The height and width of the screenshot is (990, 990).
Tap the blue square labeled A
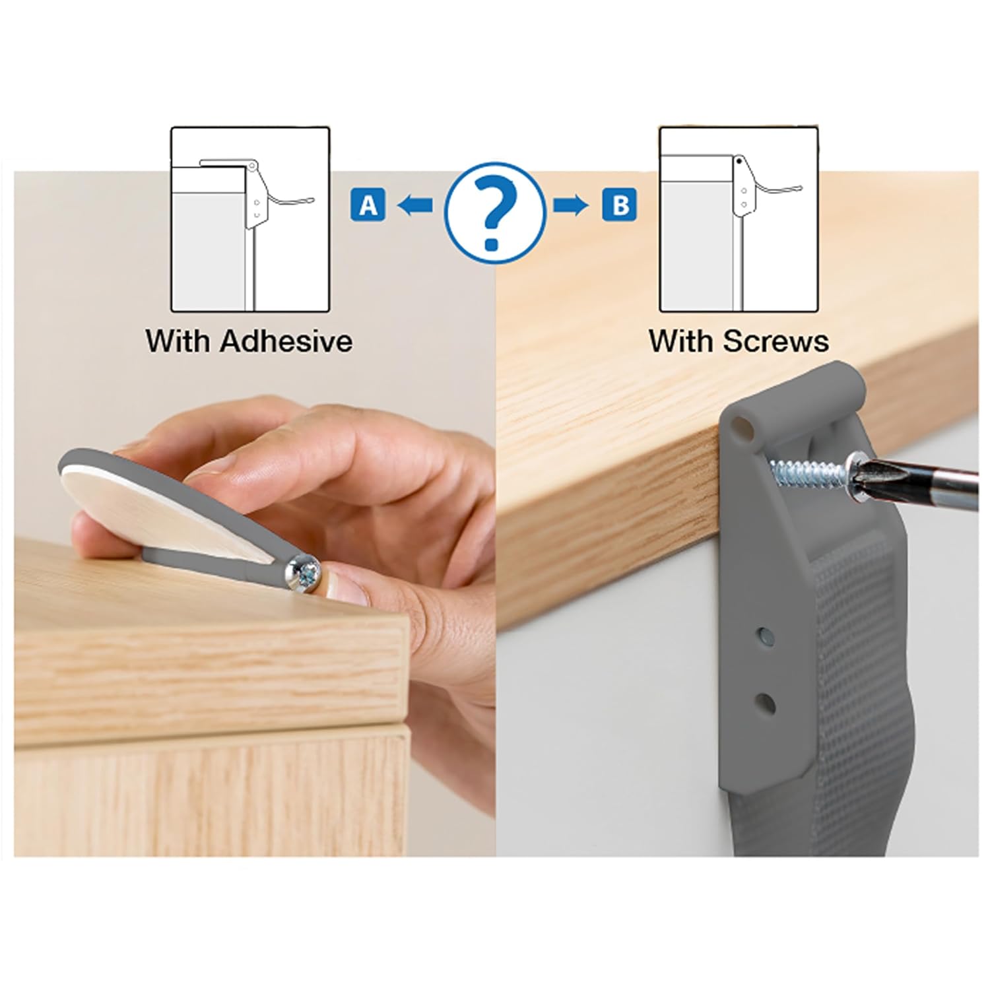(368, 205)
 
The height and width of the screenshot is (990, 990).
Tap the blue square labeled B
(620, 205)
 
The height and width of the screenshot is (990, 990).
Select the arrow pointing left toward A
(414, 206)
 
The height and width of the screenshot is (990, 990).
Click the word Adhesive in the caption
(286, 341)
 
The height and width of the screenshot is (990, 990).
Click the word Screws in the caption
(775, 341)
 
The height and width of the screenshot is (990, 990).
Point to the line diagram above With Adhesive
(250, 220)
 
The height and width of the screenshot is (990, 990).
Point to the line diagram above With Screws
(739, 220)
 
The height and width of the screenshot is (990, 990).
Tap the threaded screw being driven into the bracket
(808, 472)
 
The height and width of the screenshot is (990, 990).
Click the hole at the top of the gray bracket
(743, 428)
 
